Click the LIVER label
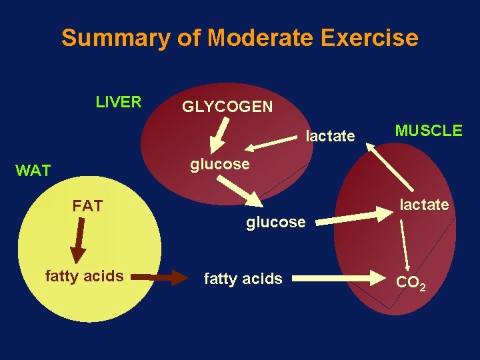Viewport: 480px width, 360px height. click(119, 102)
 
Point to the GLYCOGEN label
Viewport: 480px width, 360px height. click(227, 107)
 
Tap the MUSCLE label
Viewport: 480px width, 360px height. click(429, 131)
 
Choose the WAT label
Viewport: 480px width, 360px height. click(33, 171)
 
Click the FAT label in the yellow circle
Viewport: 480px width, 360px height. click(87, 206)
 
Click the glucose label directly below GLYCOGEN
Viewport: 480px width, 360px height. click(220, 163)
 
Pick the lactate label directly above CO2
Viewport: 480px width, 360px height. click(424, 205)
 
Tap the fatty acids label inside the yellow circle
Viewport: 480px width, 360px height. click(84, 275)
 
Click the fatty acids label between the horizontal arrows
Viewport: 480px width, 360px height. click(243, 279)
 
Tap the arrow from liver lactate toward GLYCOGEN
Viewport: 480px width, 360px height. click(267, 141)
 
